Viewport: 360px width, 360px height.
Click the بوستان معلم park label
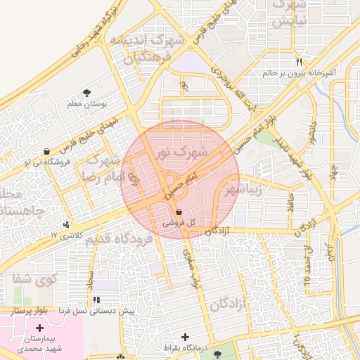[x=86, y=104]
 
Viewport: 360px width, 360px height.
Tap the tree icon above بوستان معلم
[x=86, y=93]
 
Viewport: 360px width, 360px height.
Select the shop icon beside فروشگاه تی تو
[x=46, y=150]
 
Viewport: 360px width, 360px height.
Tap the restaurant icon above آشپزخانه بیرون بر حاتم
[x=300, y=61]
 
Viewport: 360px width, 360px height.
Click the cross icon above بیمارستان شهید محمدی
[x=39, y=328]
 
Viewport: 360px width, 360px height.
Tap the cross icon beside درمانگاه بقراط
[x=186, y=337]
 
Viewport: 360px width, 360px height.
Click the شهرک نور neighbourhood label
[x=182, y=151]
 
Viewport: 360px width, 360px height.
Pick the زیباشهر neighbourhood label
[x=243, y=189]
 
